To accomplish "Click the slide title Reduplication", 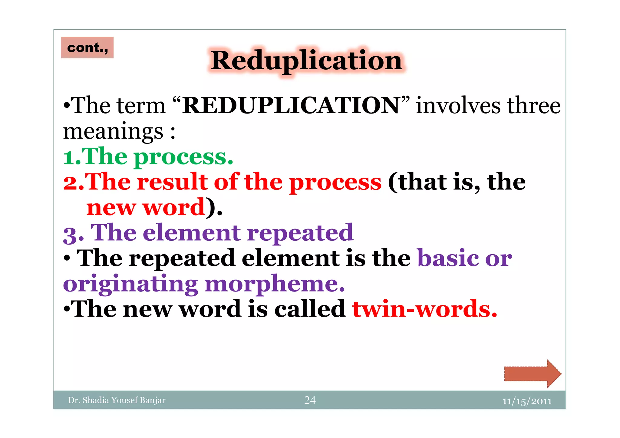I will point(306,61).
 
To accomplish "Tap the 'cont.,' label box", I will point(87,48).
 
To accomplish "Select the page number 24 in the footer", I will point(310,400).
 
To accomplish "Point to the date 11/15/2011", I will point(527,401).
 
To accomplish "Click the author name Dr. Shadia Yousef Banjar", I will point(117,400).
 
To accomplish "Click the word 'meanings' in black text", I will point(113,132).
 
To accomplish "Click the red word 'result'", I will point(172,182).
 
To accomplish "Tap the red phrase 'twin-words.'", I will point(424,309).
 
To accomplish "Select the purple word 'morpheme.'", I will point(275,284).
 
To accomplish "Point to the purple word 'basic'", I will point(448,258).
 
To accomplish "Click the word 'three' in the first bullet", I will point(533,106).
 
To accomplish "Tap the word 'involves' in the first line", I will point(458,106).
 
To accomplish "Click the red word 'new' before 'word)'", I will point(111,208).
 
